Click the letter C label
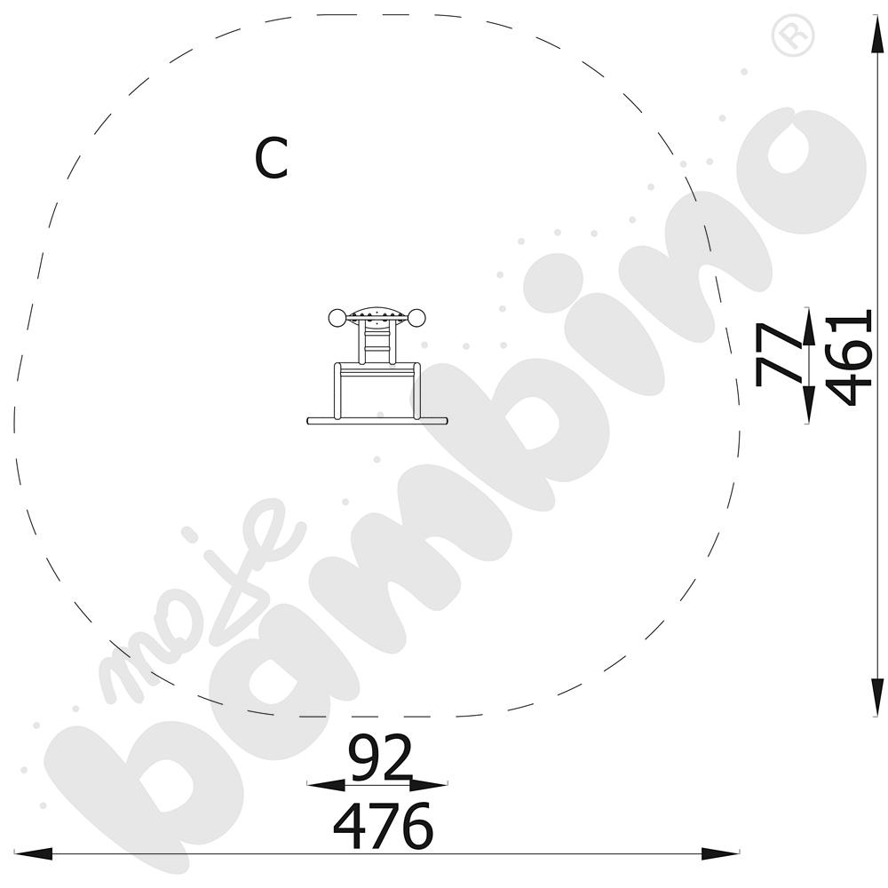(x=272, y=158)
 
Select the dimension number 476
(x=383, y=825)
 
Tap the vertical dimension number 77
(x=778, y=354)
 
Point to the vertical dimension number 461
(x=848, y=357)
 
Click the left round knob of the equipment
(x=337, y=318)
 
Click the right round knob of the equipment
(x=416, y=318)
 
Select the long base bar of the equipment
(x=377, y=421)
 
